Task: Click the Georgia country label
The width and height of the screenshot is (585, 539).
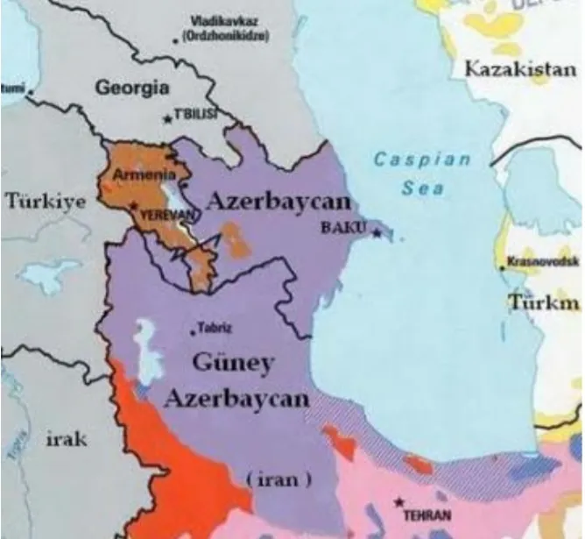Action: click(x=131, y=88)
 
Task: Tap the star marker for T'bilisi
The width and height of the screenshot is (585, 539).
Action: click(x=168, y=118)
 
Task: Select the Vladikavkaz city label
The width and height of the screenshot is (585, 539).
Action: click(x=222, y=21)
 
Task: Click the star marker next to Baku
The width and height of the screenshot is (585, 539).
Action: click(x=377, y=232)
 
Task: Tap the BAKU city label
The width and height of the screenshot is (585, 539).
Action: click(x=347, y=228)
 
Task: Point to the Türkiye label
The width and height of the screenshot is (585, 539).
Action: click(x=46, y=202)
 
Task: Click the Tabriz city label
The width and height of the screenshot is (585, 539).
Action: click(x=215, y=330)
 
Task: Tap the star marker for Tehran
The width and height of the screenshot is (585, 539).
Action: click(x=399, y=503)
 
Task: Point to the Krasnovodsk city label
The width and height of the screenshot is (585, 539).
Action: click(x=543, y=262)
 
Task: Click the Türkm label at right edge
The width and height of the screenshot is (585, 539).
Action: click(x=543, y=303)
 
